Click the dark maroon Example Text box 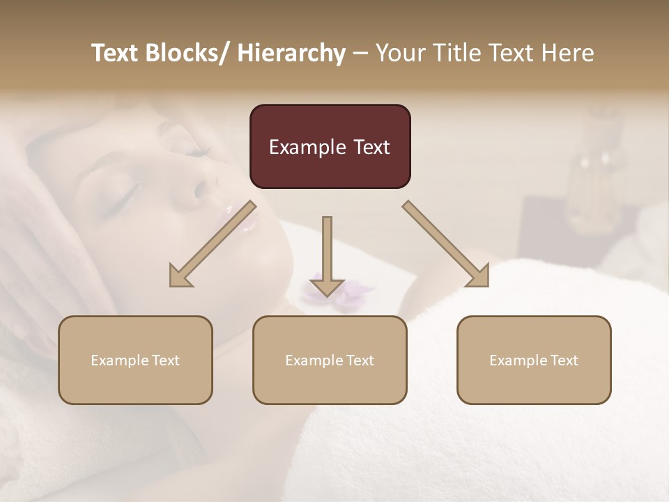[330, 146]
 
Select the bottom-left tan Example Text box [135, 360]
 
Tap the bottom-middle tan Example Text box [330, 360]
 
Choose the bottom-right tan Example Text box [534, 360]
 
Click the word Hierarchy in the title [291, 53]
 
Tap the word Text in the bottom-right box [564, 360]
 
